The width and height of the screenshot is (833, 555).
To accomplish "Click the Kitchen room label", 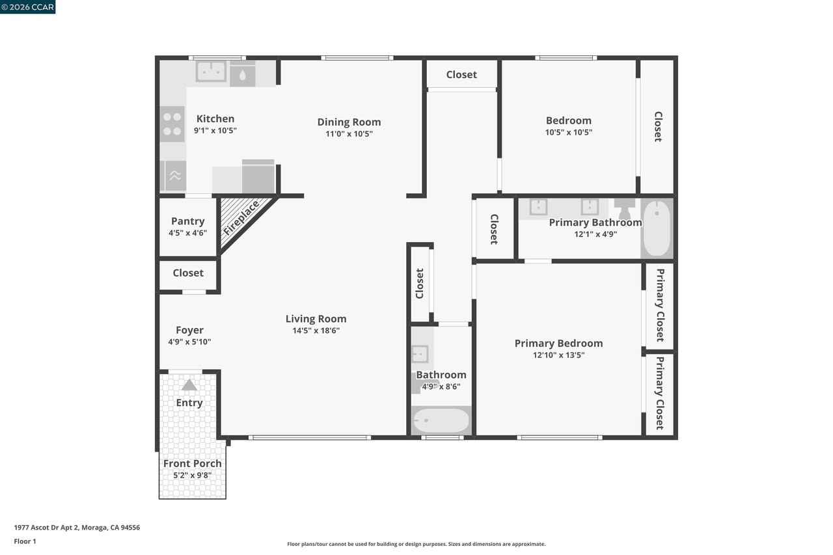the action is click(x=215, y=119).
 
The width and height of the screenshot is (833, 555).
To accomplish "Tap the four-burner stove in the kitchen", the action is click(x=172, y=124).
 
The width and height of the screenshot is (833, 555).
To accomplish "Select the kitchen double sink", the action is click(x=211, y=71).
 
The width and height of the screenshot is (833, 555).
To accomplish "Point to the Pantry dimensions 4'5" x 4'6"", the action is click(x=188, y=233).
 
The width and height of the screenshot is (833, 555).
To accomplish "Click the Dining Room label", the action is click(x=349, y=122).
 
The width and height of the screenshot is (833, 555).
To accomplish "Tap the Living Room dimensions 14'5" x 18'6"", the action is click(x=316, y=331).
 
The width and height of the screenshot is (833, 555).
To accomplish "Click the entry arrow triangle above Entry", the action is click(x=189, y=385).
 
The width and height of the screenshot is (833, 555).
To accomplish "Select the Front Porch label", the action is click(x=192, y=463).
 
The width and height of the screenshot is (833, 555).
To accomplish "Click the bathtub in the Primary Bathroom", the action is click(x=657, y=228).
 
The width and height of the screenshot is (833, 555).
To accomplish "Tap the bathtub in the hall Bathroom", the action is click(x=441, y=420).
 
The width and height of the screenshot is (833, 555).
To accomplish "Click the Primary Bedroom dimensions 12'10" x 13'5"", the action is click(x=558, y=355).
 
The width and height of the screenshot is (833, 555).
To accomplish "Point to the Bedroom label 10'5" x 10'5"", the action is click(x=569, y=126).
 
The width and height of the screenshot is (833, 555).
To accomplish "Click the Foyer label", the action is click(x=189, y=330).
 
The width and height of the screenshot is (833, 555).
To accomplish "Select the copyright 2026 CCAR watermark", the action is click(x=27, y=7).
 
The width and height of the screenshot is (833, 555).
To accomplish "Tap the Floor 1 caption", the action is click(x=25, y=541).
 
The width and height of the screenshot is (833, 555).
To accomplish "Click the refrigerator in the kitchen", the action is click(x=258, y=176).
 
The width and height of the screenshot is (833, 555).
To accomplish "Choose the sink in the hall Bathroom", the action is click(x=420, y=353).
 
